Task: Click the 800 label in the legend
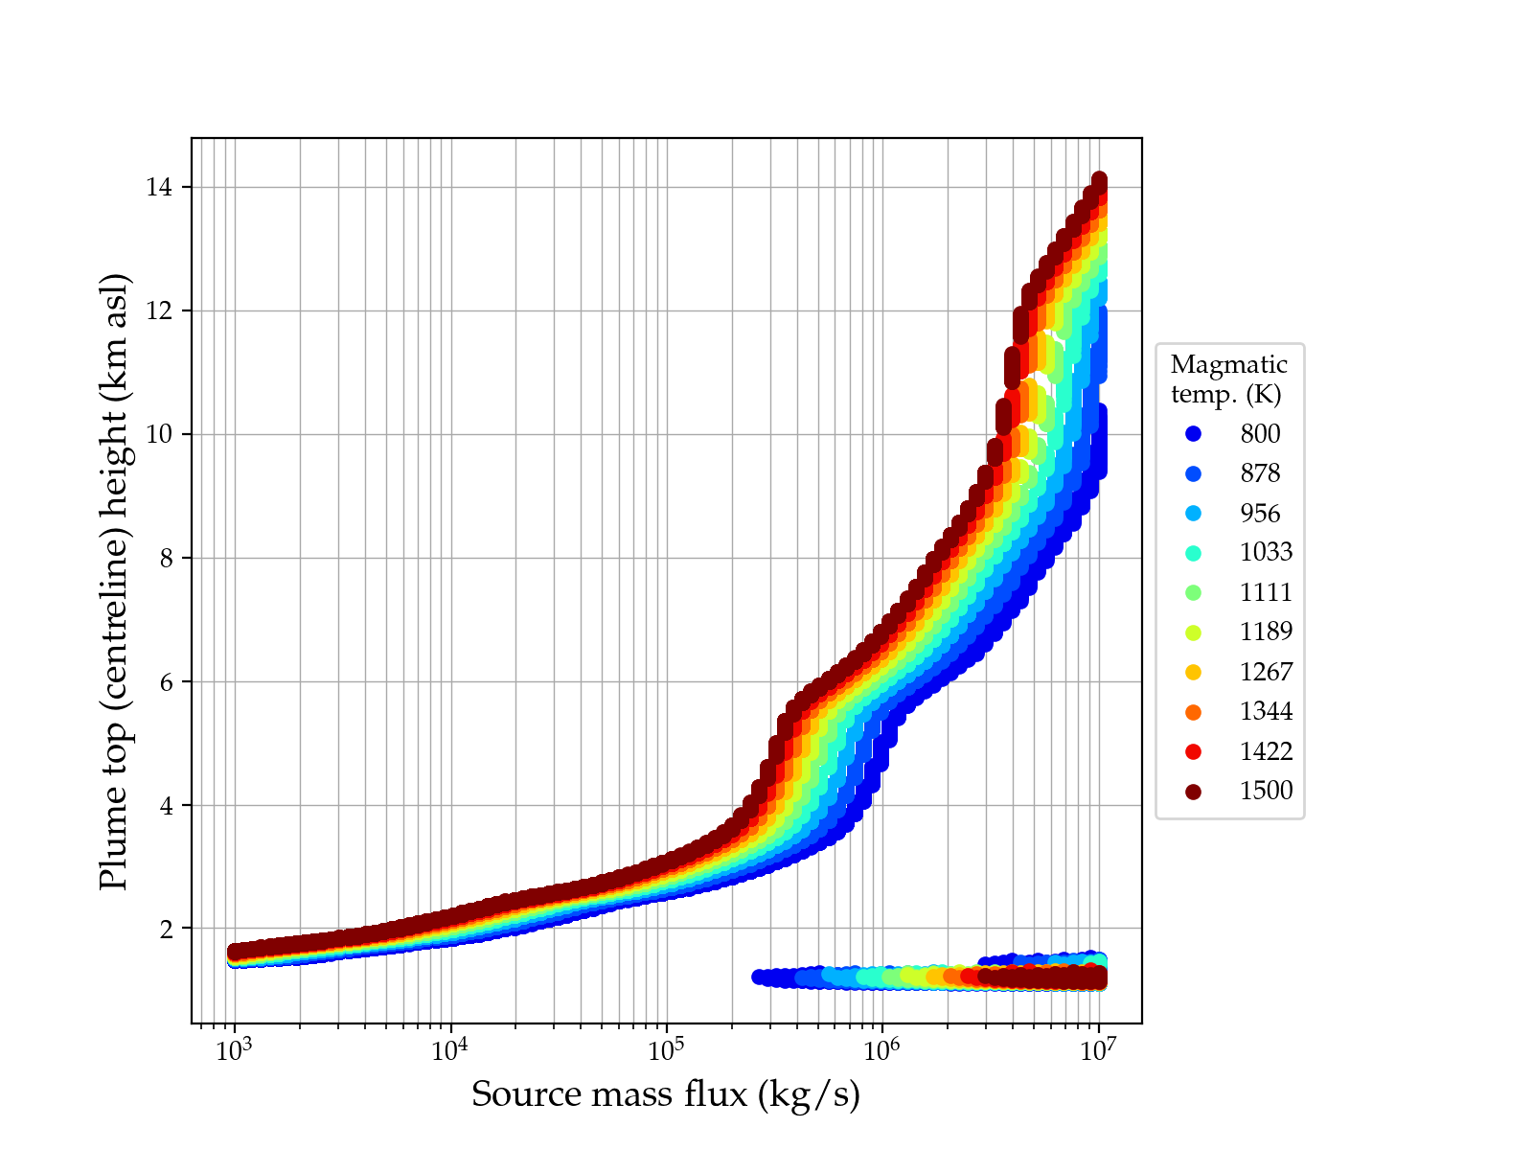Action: pyautogui.click(x=1260, y=434)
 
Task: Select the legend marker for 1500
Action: pyautogui.click(x=1193, y=792)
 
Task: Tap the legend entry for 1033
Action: pyautogui.click(x=1266, y=553)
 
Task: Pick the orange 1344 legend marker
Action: pyautogui.click(x=1193, y=712)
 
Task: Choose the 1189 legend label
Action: pyautogui.click(x=1266, y=632)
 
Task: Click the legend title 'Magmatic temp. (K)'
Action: pyautogui.click(x=1229, y=379)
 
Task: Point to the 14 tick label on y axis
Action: pyautogui.click(x=159, y=188)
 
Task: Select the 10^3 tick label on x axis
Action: pyautogui.click(x=234, y=1050)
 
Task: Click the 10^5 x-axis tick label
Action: pyautogui.click(x=666, y=1050)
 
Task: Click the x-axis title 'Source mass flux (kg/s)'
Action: pyautogui.click(x=666, y=1094)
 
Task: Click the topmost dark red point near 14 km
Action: pyautogui.click(x=1099, y=180)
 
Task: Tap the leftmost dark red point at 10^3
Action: pyautogui.click(x=235, y=952)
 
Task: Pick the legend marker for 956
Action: pyautogui.click(x=1193, y=514)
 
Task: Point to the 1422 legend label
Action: pyautogui.click(x=1266, y=751)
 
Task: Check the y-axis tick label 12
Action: pyautogui.click(x=159, y=311)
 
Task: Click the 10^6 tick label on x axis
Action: pyautogui.click(x=882, y=1050)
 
